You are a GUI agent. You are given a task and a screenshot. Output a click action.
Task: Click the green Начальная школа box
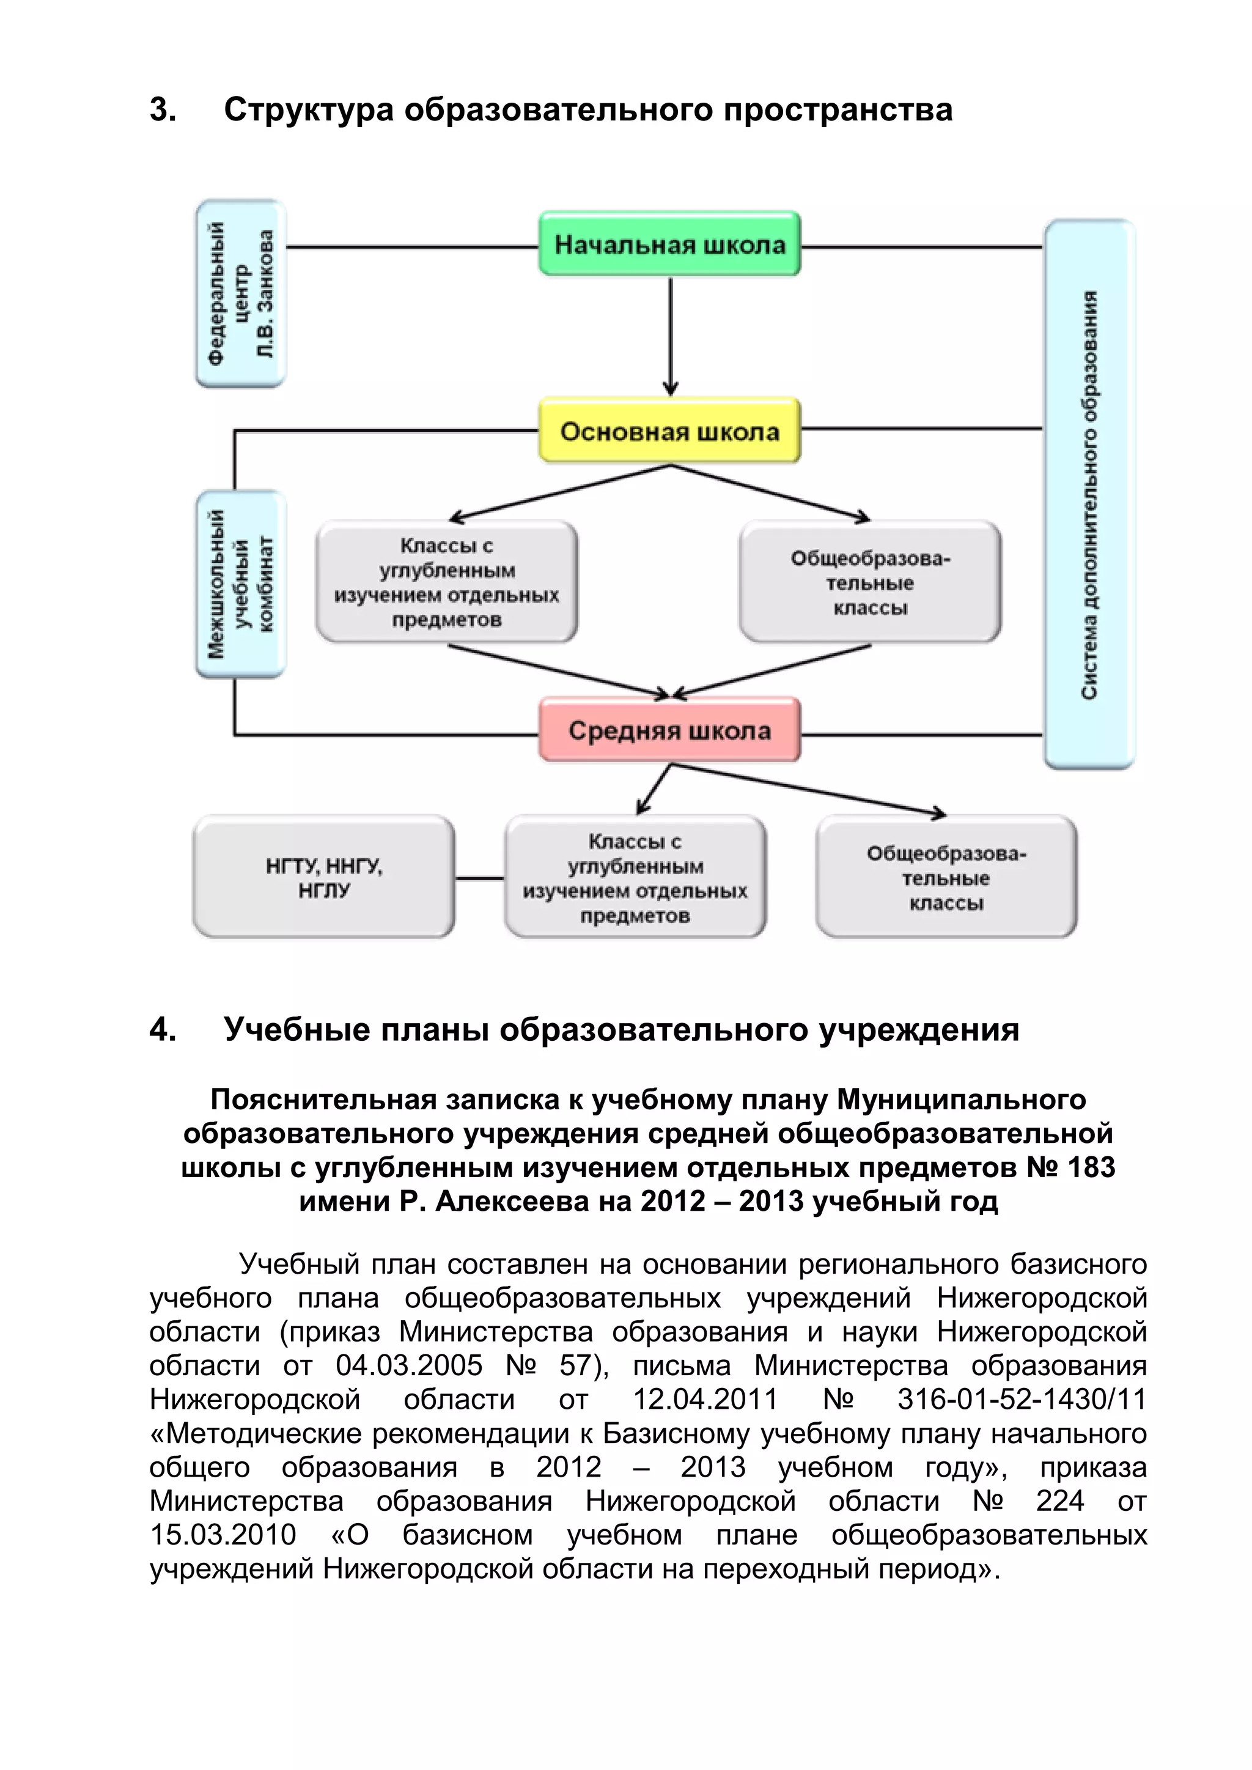[x=669, y=244]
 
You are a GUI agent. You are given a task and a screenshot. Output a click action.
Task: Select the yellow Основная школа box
[x=669, y=431]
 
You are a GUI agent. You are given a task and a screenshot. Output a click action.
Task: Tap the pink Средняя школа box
[x=669, y=730]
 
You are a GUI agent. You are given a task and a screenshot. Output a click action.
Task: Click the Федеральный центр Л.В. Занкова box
[x=240, y=293]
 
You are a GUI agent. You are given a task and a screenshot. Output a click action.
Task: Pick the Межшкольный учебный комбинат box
[x=240, y=584]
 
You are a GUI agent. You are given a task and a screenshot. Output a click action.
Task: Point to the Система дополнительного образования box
[x=1089, y=493]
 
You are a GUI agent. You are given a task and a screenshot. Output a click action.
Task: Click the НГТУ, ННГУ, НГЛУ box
[x=324, y=877]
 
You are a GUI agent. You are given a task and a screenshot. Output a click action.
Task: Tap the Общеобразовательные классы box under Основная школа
[x=870, y=582]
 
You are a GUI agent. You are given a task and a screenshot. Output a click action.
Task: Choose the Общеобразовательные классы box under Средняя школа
[x=946, y=877]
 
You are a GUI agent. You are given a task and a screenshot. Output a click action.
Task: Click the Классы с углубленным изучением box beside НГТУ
[x=635, y=877]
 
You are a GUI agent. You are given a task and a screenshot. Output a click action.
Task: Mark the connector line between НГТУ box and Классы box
[x=479, y=878]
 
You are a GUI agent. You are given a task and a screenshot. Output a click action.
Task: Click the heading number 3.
[x=162, y=110]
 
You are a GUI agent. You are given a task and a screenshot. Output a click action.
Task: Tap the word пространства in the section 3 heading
[x=838, y=110]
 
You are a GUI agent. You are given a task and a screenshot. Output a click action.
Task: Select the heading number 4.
[x=162, y=1030]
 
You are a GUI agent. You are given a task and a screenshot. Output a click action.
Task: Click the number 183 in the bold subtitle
[x=1091, y=1167]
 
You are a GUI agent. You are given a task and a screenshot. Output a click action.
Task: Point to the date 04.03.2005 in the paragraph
[x=408, y=1365]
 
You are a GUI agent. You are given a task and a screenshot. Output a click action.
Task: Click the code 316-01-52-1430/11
[x=1022, y=1399]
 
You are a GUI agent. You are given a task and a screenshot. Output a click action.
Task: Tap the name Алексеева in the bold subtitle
[x=512, y=1201]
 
